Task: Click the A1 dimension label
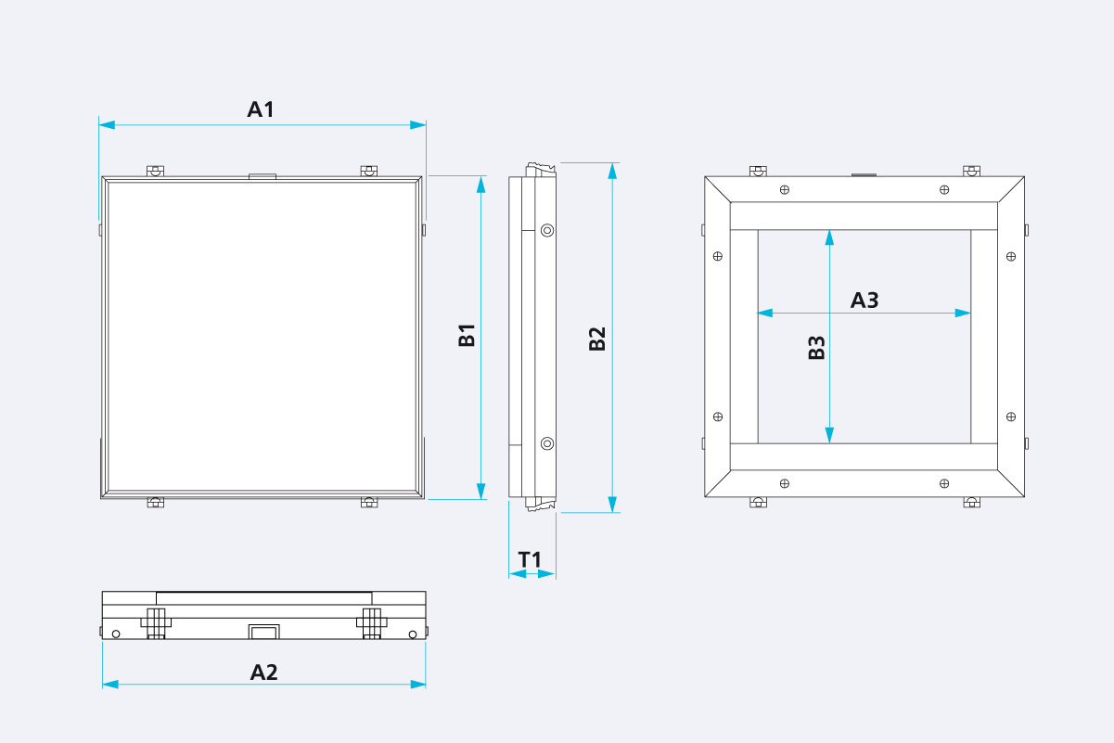(x=261, y=109)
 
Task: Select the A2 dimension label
(x=263, y=673)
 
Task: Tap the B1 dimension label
(x=467, y=335)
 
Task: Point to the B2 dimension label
(x=597, y=339)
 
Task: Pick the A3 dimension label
(x=864, y=301)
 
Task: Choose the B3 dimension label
(x=816, y=348)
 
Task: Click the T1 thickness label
(x=530, y=560)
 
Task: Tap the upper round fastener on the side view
(x=547, y=230)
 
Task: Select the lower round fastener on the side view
(x=547, y=443)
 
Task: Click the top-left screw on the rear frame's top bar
(x=785, y=189)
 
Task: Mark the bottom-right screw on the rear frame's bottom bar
(x=944, y=483)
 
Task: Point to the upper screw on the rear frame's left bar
(x=718, y=256)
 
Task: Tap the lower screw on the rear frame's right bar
(x=1011, y=416)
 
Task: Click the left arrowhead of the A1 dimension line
(x=107, y=125)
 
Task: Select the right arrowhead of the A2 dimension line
(x=418, y=685)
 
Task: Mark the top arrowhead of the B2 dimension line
(x=612, y=171)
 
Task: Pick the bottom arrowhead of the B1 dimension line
(x=480, y=492)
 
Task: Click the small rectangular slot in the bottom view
(x=264, y=632)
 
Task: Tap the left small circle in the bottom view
(x=116, y=634)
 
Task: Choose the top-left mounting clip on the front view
(x=155, y=171)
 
